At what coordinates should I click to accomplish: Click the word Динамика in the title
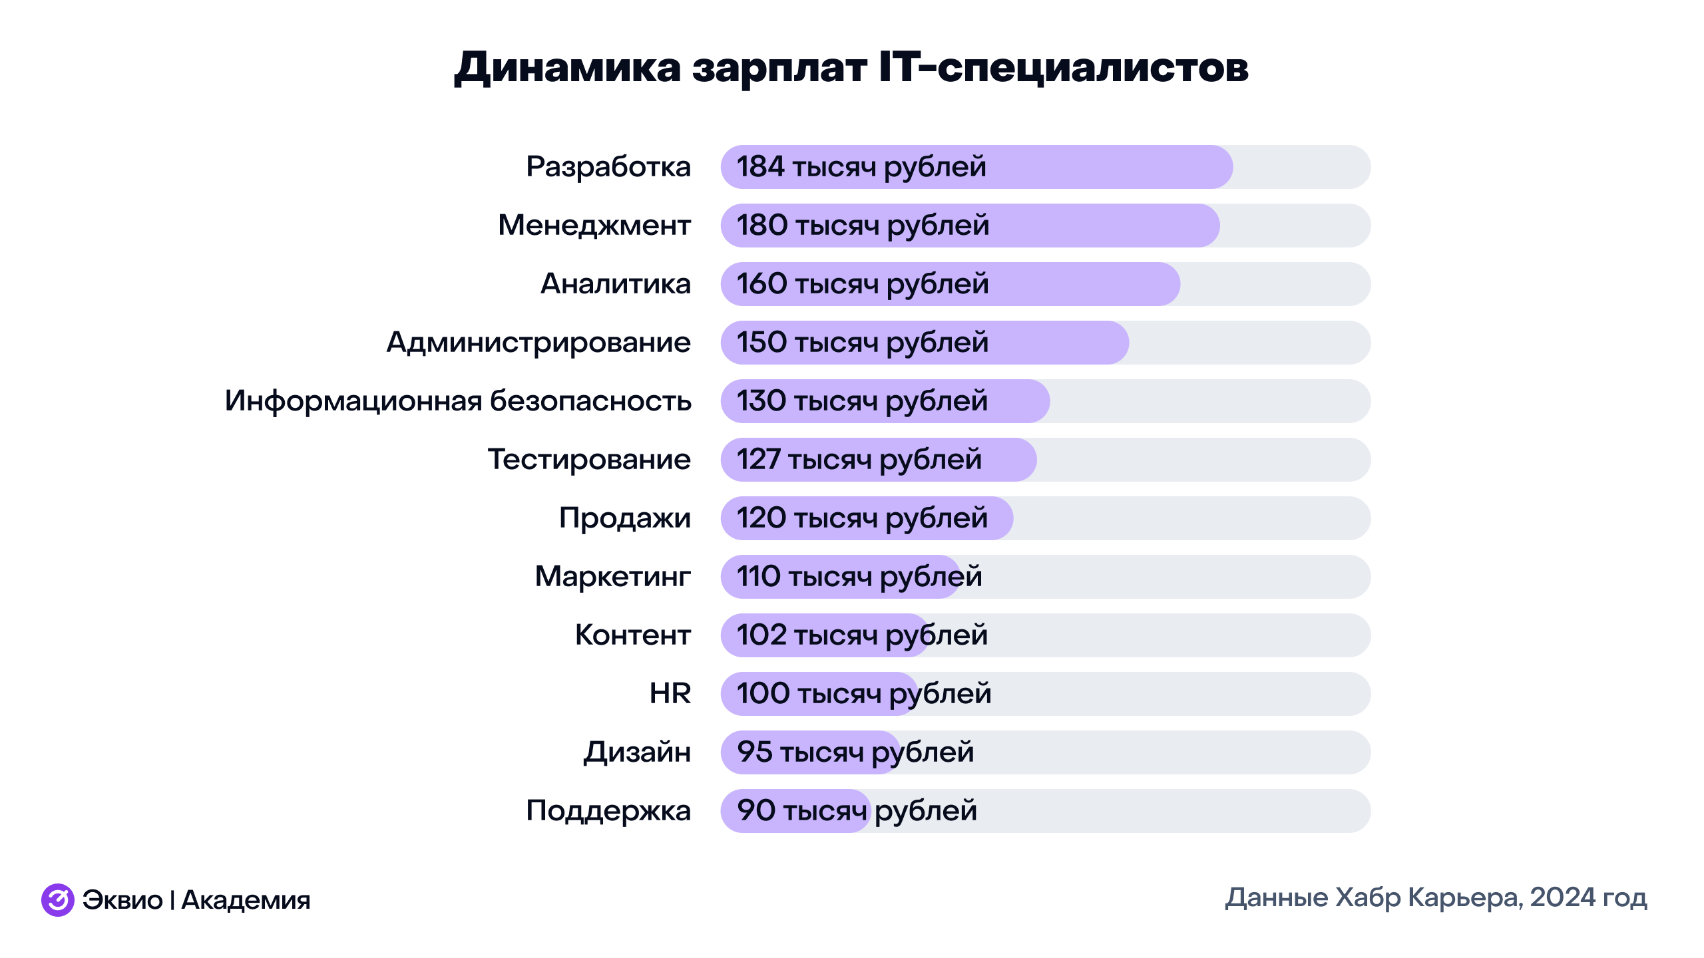click(x=568, y=67)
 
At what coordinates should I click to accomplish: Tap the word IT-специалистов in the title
click(x=1063, y=67)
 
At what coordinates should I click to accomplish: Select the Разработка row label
click(x=608, y=166)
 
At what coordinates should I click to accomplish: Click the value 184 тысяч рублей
click(x=861, y=166)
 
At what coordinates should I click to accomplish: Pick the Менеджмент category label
click(x=594, y=225)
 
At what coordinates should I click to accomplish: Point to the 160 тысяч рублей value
click(x=862, y=284)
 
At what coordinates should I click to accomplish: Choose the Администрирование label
click(x=538, y=343)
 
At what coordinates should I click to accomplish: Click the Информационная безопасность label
click(x=457, y=401)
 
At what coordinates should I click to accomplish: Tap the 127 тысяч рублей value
click(x=859, y=460)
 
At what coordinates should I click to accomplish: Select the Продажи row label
click(x=624, y=518)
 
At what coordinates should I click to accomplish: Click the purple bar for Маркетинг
click(x=839, y=577)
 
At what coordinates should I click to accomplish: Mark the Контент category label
click(x=632, y=635)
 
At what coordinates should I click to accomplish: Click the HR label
click(x=670, y=694)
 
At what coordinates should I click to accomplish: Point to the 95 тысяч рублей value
click(x=855, y=752)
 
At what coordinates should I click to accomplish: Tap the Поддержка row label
click(x=608, y=811)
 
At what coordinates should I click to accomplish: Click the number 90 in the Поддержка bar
click(x=755, y=811)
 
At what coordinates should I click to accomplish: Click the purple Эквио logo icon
click(x=58, y=900)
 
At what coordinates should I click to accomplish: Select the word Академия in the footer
click(x=246, y=900)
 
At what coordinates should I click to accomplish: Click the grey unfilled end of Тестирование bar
click(x=1198, y=460)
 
